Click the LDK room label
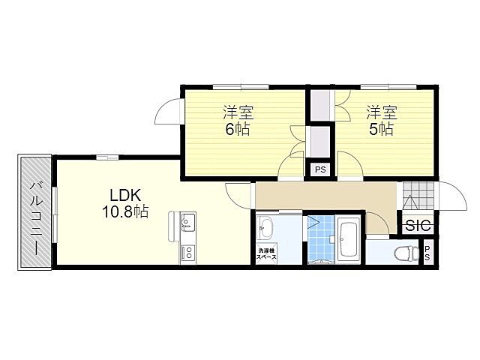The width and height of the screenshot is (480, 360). pyautogui.click(x=125, y=195)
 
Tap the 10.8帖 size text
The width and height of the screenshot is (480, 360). pyautogui.click(x=125, y=211)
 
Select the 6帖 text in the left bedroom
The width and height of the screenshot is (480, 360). pyautogui.click(x=238, y=130)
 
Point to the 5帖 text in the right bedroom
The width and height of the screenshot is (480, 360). pyautogui.click(x=382, y=130)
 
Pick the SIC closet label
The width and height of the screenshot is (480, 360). pyautogui.click(x=419, y=226)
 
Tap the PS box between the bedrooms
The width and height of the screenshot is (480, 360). pyautogui.click(x=320, y=169)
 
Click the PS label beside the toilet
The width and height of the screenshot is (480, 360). pyautogui.click(x=427, y=253)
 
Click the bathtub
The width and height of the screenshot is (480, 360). pyautogui.click(x=349, y=239)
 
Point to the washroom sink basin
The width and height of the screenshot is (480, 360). pyautogui.click(x=265, y=228)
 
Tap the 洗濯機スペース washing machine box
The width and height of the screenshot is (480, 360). pyautogui.click(x=266, y=253)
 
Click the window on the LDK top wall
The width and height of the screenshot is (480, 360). pyautogui.click(x=107, y=157)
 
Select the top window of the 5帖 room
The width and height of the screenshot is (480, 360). pyautogui.click(x=388, y=87)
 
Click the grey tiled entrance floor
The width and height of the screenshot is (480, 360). pyautogui.click(x=418, y=196)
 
